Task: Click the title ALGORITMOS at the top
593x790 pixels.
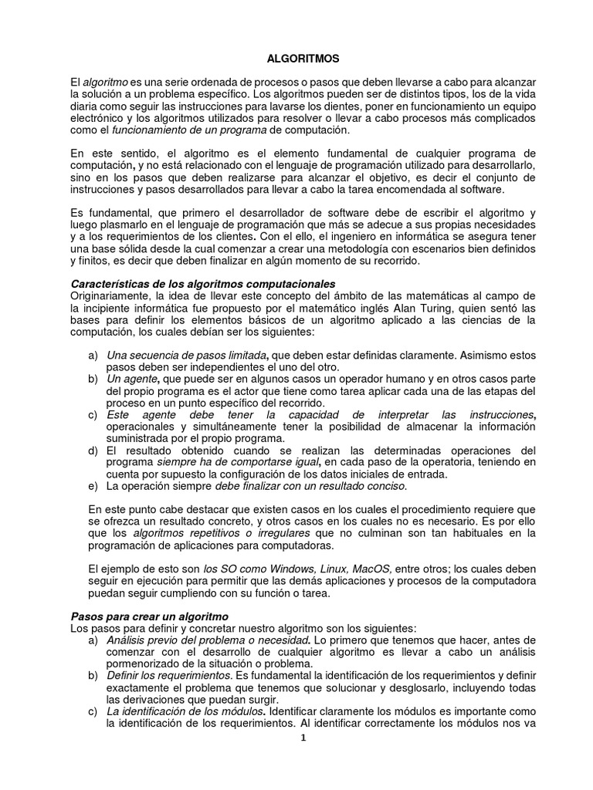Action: [296, 58]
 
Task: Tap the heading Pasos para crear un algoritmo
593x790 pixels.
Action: [149, 616]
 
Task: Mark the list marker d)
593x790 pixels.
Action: [93, 451]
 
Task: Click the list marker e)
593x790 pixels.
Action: [93, 487]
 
